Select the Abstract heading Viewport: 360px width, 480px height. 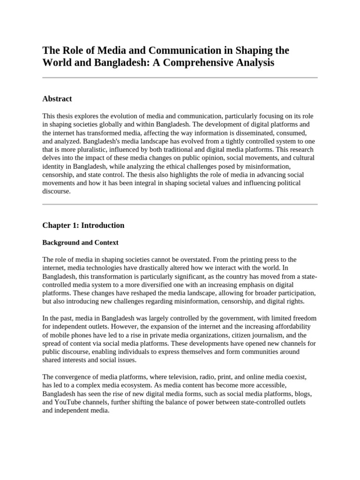click(57, 98)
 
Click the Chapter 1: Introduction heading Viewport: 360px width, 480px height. click(83, 225)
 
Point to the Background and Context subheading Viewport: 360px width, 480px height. click(80, 242)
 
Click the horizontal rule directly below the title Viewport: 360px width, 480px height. click(180, 78)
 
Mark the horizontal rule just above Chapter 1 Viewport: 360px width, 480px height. click(180, 204)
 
